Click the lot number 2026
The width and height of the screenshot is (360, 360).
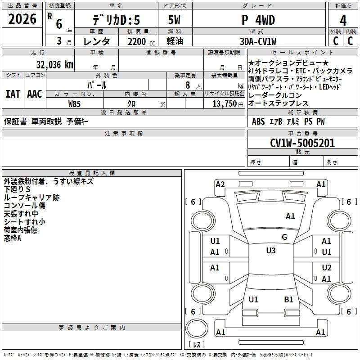pos(22,19)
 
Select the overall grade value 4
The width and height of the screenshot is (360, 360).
pos(343,20)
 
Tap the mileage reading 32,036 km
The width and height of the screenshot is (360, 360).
pos(54,65)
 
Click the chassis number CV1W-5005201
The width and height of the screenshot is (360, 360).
pos(302,143)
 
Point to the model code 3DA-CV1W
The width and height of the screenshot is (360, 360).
pos(258,41)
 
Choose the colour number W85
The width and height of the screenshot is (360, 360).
pos(74,104)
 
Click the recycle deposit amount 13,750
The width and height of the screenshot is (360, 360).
pos(224,104)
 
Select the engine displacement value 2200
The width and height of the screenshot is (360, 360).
pos(137,41)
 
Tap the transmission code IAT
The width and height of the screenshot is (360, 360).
pos(13,94)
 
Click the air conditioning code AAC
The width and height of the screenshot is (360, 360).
pos(35,94)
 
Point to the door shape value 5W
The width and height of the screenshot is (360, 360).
pos(174,20)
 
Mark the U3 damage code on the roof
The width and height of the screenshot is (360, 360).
pos(271,251)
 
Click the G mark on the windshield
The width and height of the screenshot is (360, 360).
pos(284,237)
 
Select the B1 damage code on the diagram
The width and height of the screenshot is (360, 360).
pos(288,300)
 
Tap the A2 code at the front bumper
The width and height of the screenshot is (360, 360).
pos(220,184)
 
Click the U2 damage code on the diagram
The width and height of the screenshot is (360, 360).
pos(327,268)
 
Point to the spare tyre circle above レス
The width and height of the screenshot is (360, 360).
pos(197,328)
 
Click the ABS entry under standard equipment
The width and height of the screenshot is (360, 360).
pos(258,121)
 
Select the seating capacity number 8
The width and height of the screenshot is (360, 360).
pos(188,85)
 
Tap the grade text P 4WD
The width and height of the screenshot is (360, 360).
pos(258,20)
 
